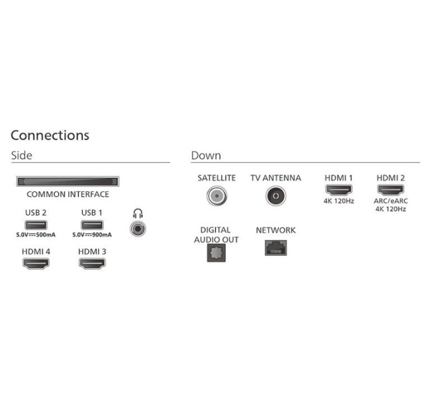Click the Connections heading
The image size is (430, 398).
(x=50, y=135)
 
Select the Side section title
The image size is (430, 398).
(x=21, y=155)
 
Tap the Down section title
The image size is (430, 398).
(x=206, y=155)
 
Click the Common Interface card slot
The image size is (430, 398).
(x=68, y=181)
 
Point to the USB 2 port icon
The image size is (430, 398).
(x=36, y=225)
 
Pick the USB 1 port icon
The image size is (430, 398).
(x=92, y=225)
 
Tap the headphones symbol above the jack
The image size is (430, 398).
(x=137, y=214)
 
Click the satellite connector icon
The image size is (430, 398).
(x=216, y=196)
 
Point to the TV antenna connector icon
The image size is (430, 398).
(x=275, y=196)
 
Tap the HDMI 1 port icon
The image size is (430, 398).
(x=338, y=190)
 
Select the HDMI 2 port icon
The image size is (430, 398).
(x=391, y=190)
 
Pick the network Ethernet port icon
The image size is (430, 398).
(x=275, y=247)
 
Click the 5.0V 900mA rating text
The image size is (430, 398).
(x=92, y=236)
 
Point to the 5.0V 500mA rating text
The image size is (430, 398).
(x=36, y=236)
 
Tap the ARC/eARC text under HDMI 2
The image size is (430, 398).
(x=391, y=201)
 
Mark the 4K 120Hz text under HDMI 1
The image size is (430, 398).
(x=338, y=201)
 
